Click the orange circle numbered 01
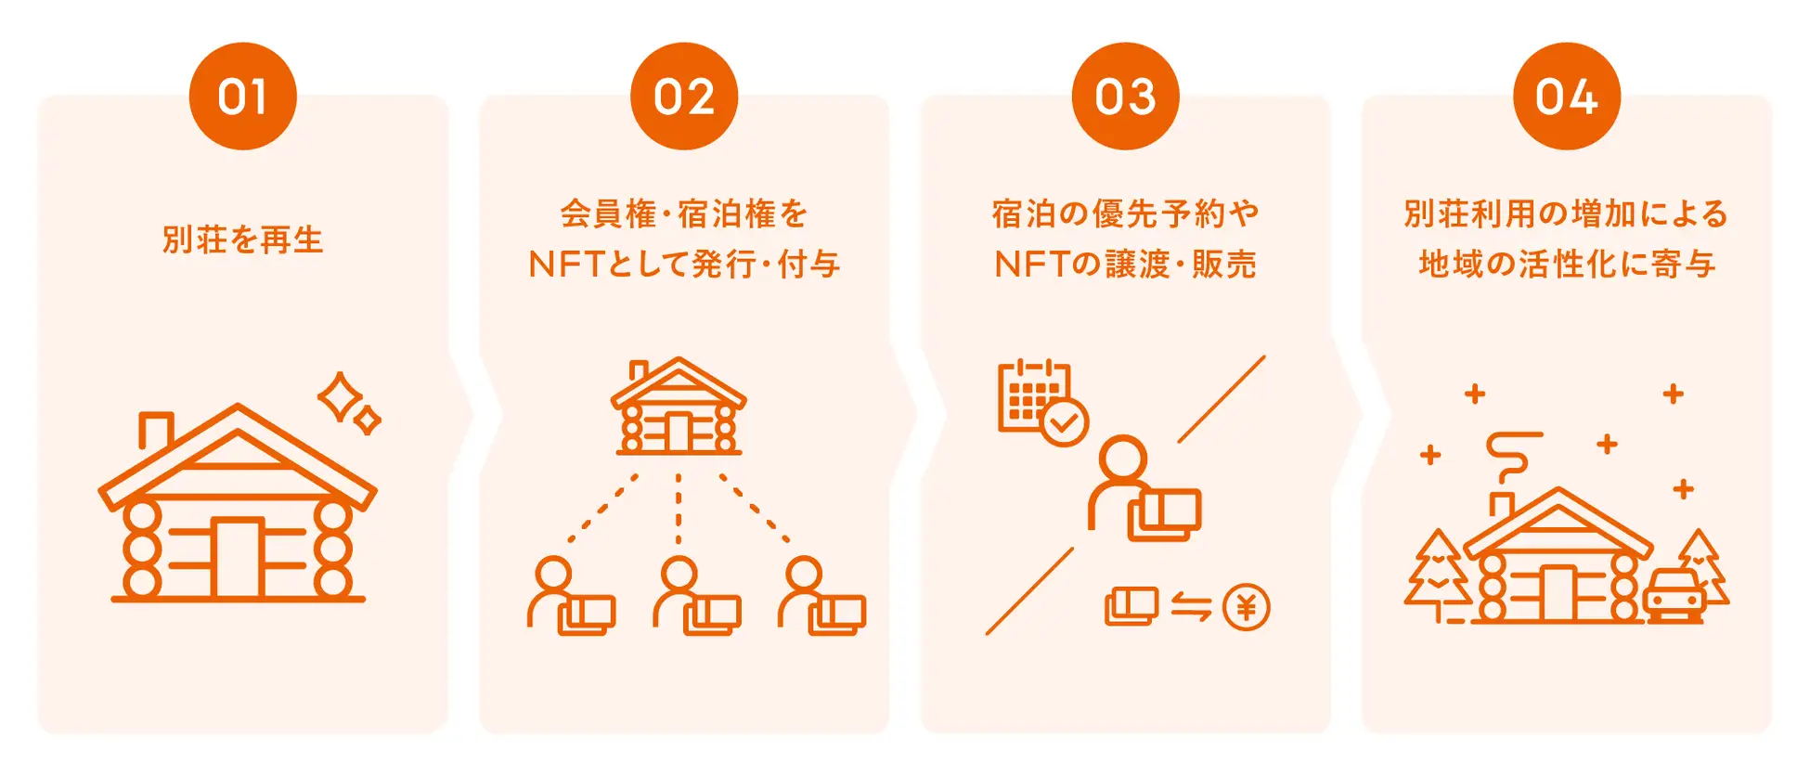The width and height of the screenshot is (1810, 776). pyautogui.click(x=242, y=97)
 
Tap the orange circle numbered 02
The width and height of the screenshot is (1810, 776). pyautogui.click(x=684, y=97)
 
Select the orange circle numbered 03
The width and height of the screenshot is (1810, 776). pyautogui.click(x=1125, y=97)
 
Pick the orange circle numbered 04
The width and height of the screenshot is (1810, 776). pyautogui.click(x=1567, y=97)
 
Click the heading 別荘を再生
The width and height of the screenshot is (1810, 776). pyautogui.click(x=242, y=239)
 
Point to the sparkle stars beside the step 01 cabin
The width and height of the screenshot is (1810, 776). pyautogui.click(x=348, y=404)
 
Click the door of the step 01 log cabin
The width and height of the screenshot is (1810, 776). pyautogui.click(x=238, y=558)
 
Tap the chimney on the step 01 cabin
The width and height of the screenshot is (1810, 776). pyautogui.click(x=156, y=429)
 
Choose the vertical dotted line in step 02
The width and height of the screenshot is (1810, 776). pyautogui.click(x=679, y=509)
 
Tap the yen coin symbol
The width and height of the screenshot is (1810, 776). pyautogui.click(x=1246, y=608)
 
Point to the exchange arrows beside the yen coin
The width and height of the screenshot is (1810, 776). pyautogui.click(x=1191, y=607)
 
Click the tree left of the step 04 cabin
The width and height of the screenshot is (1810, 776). pyautogui.click(x=1437, y=576)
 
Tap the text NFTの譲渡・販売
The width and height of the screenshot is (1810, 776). pyautogui.click(x=1125, y=265)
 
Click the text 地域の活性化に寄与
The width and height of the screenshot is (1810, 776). pyautogui.click(x=1567, y=265)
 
